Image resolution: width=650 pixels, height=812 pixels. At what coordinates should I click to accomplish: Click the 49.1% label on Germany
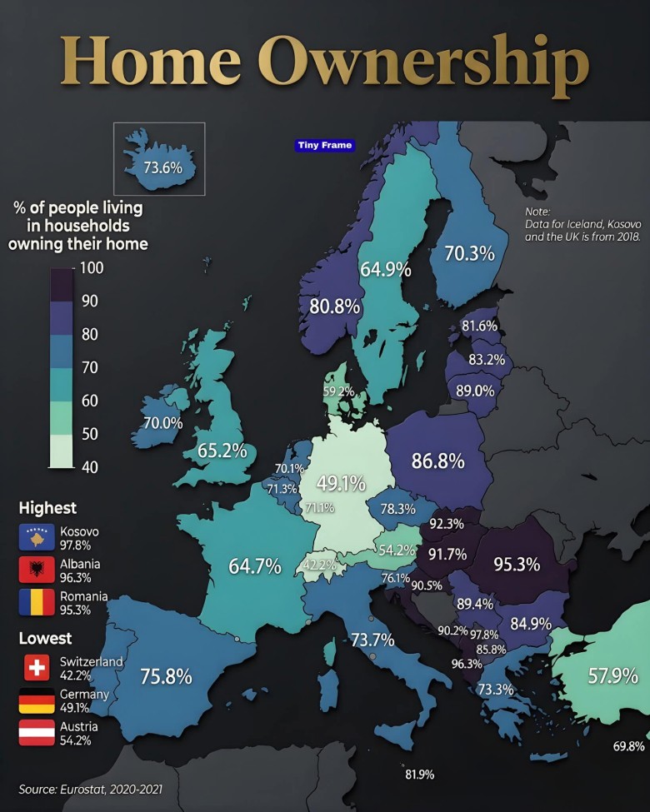pyautogui.click(x=341, y=484)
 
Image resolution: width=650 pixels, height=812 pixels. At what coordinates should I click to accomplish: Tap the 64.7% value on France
pyautogui.click(x=255, y=566)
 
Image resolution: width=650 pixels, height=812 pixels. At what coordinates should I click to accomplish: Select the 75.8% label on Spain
pyautogui.click(x=166, y=676)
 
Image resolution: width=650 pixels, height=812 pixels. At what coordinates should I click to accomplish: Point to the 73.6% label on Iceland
pyautogui.click(x=162, y=167)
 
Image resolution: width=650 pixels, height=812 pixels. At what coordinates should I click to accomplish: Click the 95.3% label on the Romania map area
pyautogui.click(x=517, y=564)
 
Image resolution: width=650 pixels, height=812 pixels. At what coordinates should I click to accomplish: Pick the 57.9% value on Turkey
pyautogui.click(x=612, y=675)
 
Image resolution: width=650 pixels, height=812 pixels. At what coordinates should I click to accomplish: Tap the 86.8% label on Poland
pyautogui.click(x=437, y=460)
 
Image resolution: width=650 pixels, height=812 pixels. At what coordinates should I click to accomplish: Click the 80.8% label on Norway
pyautogui.click(x=334, y=306)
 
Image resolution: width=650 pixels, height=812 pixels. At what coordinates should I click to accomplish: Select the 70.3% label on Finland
pyautogui.click(x=469, y=253)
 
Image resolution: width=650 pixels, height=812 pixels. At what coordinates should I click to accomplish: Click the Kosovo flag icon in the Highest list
pyautogui.click(x=36, y=537)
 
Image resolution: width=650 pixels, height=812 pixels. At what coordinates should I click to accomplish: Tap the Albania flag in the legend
pyautogui.click(x=36, y=570)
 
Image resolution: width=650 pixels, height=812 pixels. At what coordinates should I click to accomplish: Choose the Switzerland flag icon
pyautogui.click(x=36, y=667)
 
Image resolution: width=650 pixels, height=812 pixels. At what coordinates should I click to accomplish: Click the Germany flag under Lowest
pyautogui.click(x=36, y=700)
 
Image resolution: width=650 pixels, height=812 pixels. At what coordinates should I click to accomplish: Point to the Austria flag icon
pyautogui.click(x=36, y=733)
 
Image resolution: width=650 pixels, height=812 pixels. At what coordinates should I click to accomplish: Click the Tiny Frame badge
pyautogui.click(x=325, y=145)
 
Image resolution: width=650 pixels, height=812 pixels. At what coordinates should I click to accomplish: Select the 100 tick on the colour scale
pyautogui.click(x=91, y=268)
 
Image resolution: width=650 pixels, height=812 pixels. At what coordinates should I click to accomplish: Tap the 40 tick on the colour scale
pyautogui.click(x=89, y=467)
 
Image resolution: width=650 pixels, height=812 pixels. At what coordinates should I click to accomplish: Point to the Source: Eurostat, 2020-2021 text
pyautogui.click(x=91, y=788)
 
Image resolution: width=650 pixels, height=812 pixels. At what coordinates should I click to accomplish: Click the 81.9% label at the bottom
pyautogui.click(x=419, y=775)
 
